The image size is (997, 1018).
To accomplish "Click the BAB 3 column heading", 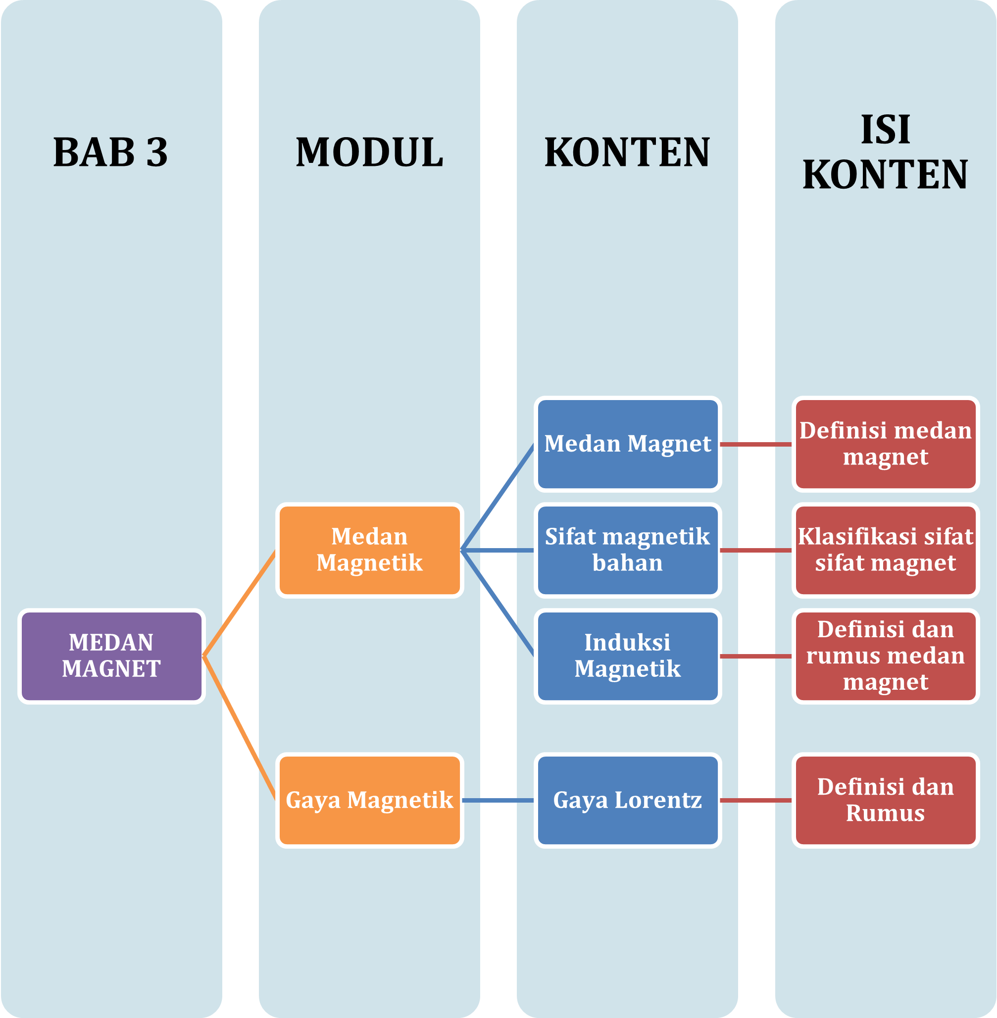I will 110,153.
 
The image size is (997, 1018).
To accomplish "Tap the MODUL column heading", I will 369,153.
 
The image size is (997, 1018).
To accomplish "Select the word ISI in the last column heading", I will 886,130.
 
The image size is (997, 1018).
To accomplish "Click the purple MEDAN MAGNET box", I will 111,656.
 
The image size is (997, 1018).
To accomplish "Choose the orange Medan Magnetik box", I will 369,550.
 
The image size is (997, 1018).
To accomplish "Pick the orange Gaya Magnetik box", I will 369,800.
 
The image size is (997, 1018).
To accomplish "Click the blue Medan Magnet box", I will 627,444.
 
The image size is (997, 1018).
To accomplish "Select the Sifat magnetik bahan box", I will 627,550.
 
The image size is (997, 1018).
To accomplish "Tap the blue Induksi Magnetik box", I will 627,656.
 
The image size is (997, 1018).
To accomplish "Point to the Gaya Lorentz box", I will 627,800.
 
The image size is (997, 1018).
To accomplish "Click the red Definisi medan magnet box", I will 886,444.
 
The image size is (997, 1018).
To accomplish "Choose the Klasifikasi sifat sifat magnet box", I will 886,550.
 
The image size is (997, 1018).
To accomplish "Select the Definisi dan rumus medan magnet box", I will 886,656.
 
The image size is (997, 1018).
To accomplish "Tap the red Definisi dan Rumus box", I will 886,800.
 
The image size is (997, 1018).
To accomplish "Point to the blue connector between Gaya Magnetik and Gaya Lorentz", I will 498,800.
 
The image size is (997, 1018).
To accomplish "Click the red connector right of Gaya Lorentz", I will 756,800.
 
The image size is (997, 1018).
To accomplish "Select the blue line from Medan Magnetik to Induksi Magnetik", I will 498,603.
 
